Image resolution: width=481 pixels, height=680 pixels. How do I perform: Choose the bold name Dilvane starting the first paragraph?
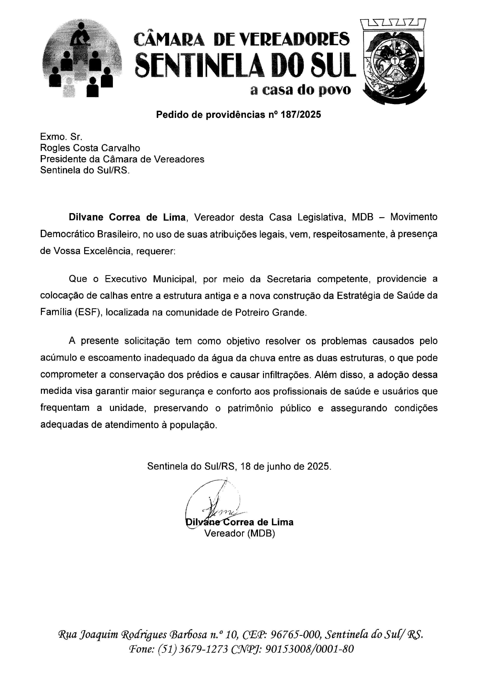point(86,217)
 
